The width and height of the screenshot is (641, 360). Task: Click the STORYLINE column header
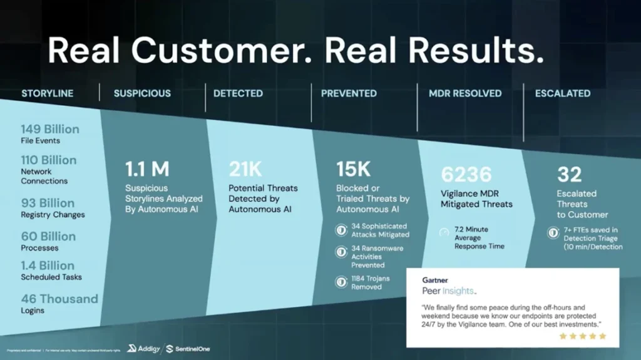(48, 93)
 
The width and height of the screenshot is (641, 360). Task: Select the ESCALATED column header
(562, 93)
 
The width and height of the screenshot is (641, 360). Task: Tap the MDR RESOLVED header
(464, 93)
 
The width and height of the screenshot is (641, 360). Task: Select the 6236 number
(466, 174)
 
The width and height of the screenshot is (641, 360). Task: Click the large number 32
(569, 175)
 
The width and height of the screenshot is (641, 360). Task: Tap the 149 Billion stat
(50, 130)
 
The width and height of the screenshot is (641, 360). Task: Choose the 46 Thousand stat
(59, 299)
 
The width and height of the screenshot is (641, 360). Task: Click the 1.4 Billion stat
(48, 266)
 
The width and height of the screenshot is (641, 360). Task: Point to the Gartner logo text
(434, 280)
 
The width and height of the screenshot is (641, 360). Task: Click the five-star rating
(582, 336)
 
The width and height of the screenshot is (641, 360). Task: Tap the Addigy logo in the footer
(142, 348)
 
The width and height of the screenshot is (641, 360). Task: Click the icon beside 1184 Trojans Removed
(341, 282)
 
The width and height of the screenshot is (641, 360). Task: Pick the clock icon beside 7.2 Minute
(444, 233)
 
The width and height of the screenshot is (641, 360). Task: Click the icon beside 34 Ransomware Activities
(341, 252)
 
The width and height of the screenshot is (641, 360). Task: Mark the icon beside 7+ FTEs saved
(553, 233)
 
